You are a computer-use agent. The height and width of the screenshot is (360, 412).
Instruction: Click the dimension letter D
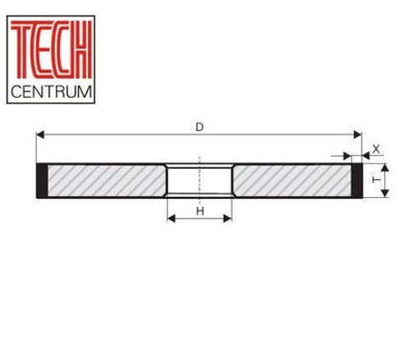(x=200, y=127)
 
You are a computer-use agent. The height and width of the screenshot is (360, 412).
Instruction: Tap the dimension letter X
(x=376, y=150)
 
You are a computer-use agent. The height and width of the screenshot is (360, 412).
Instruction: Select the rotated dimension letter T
(x=377, y=180)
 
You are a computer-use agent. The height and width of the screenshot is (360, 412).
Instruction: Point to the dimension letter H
(x=200, y=211)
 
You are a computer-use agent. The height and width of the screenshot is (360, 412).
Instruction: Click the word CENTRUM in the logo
(x=51, y=91)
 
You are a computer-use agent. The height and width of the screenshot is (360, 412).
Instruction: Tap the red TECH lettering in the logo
(x=51, y=50)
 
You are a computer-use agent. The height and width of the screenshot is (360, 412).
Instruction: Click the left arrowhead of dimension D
(x=40, y=135)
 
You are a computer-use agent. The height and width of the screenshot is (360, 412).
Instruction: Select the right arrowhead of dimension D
(x=358, y=135)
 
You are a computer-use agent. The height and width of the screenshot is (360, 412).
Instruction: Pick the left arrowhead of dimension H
(x=171, y=219)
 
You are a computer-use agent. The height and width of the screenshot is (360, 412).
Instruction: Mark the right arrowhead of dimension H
(x=228, y=219)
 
